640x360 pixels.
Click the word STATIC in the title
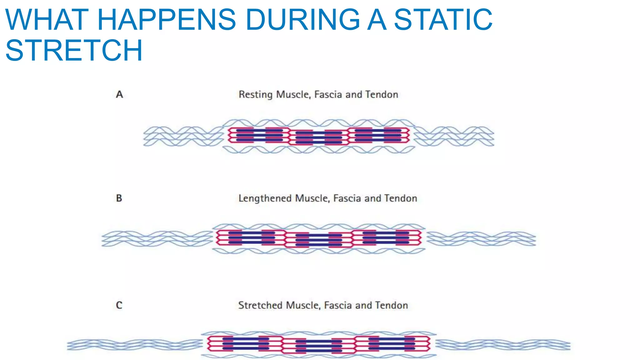point(443,20)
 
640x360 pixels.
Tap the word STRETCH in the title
point(74,50)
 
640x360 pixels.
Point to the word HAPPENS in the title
point(167,20)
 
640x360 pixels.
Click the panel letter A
point(119,94)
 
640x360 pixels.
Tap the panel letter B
point(119,198)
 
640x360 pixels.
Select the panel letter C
point(119,305)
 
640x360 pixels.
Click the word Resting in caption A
point(256,94)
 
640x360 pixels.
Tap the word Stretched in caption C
point(260,305)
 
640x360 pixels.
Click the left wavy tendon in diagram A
point(183,136)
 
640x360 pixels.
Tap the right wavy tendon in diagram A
point(454,136)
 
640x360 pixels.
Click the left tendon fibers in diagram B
point(157,239)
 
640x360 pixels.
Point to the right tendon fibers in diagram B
point(481,239)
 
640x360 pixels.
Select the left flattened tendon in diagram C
point(134,345)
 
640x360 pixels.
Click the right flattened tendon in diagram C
point(503,345)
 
